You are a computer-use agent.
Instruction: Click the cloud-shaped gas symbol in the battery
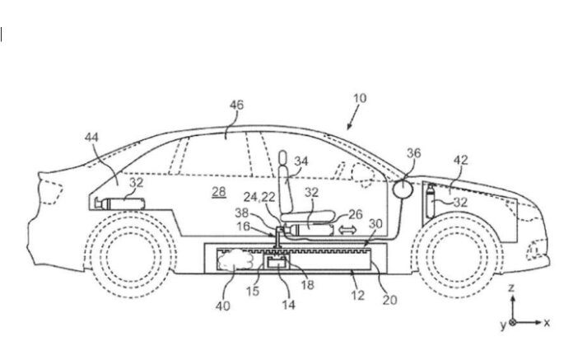(236, 260)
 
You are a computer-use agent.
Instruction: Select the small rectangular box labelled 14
(275, 263)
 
